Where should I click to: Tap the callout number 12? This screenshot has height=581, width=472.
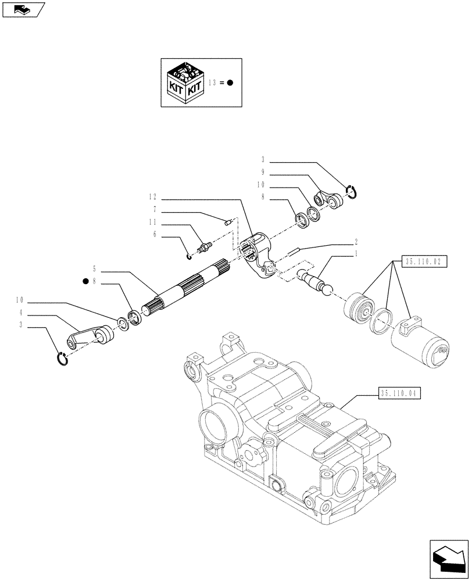(152, 197)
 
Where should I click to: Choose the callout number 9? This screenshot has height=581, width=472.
(263, 172)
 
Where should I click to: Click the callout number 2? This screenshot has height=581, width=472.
(356, 241)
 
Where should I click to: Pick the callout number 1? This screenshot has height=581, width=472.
(356, 254)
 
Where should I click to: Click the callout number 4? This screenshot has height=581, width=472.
(22, 313)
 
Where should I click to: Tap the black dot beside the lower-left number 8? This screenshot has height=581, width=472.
(85, 282)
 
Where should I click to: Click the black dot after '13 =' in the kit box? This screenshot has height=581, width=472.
(230, 83)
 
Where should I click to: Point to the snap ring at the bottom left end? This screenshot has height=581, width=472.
(65, 360)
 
